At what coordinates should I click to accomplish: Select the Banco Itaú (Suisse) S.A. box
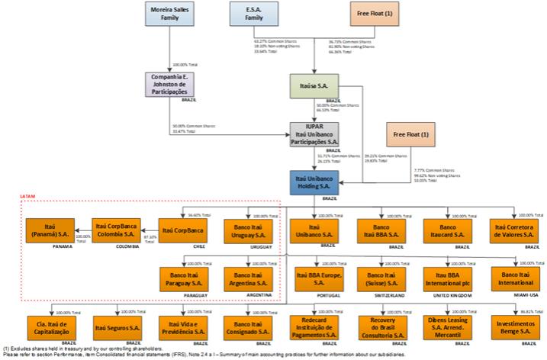(x=381, y=278)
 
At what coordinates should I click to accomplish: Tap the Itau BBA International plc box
(x=449, y=278)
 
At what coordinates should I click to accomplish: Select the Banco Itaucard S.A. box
(x=449, y=230)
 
